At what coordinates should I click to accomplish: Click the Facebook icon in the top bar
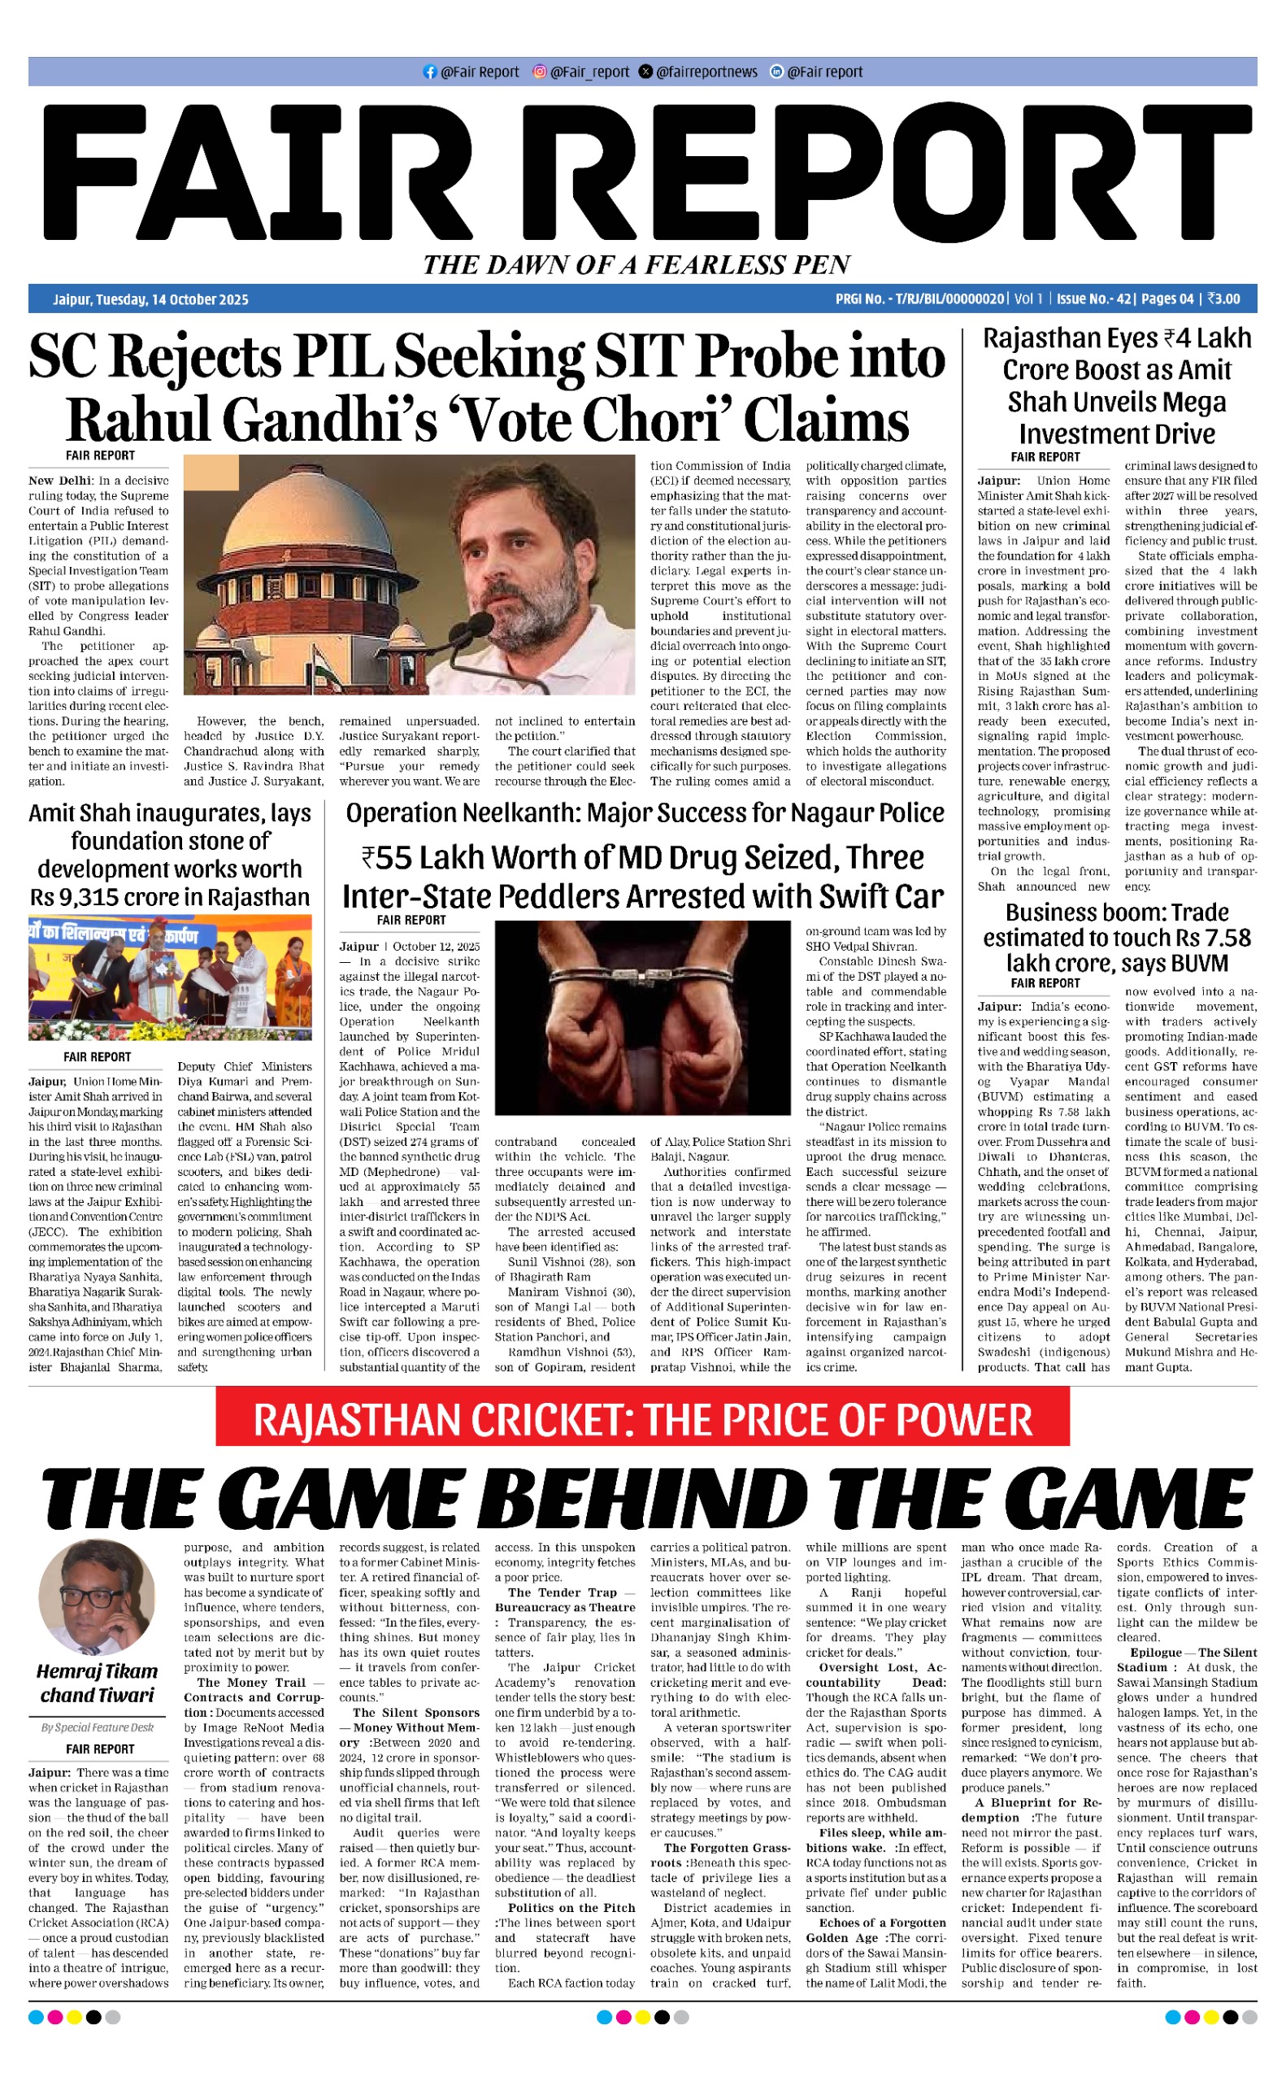(429, 72)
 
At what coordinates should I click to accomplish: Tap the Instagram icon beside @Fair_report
(539, 72)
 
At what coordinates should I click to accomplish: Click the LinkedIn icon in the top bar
(776, 72)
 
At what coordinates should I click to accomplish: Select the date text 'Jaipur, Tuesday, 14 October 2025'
(150, 299)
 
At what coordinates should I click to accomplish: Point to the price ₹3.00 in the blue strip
(1223, 299)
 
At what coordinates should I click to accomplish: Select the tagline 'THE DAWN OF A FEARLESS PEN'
(637, 265)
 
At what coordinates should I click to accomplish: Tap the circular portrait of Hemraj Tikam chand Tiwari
(97, 1596)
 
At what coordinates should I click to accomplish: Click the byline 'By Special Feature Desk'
(97, 1727)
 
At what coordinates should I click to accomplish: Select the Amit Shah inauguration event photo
(170, 977)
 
